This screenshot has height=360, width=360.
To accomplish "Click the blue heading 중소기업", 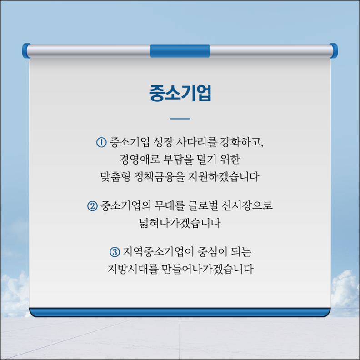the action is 180,93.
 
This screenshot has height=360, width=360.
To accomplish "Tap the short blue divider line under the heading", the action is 180,119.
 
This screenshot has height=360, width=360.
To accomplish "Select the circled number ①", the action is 101,142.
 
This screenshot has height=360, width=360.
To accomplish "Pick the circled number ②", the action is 93,206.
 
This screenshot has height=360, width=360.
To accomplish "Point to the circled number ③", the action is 115,252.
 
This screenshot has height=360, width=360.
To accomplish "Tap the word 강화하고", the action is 241,142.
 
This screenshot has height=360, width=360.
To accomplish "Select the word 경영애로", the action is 140,160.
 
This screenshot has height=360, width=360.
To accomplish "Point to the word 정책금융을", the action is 160,177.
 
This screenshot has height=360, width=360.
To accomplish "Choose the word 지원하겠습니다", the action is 224,177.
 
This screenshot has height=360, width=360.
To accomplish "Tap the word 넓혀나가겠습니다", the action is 180,223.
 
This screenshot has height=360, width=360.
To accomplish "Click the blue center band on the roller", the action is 180,51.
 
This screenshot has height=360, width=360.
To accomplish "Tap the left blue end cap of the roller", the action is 26,50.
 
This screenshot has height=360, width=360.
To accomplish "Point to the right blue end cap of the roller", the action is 333,50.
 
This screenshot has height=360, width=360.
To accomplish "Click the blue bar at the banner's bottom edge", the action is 180,313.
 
